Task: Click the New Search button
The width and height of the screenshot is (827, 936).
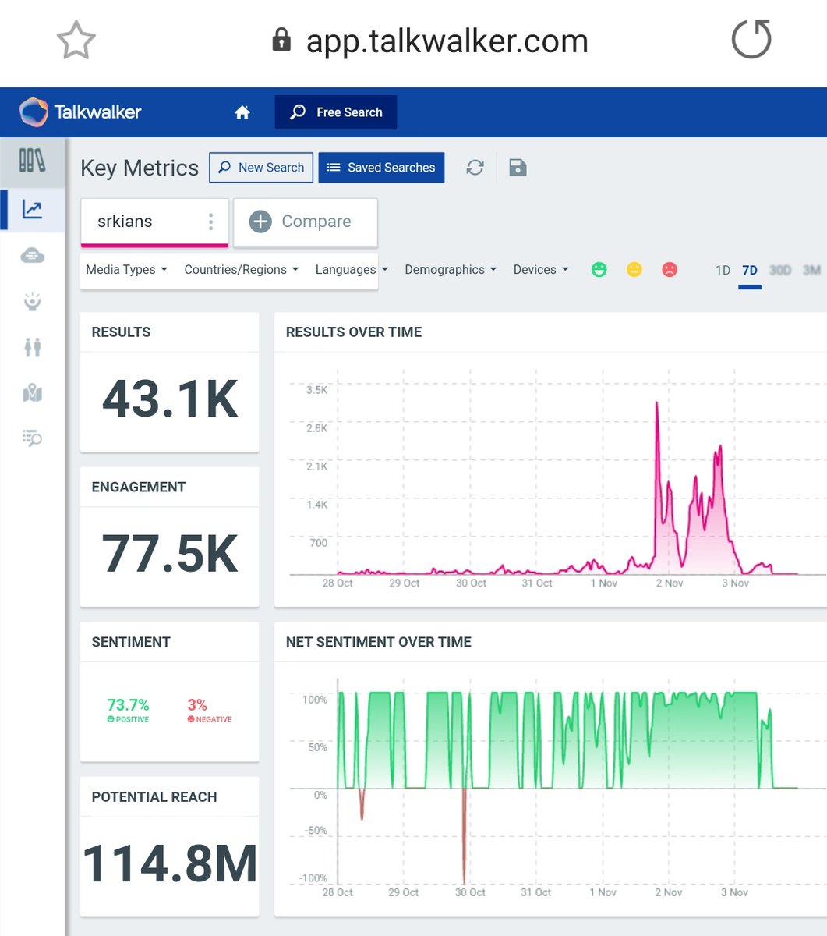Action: (261, 168)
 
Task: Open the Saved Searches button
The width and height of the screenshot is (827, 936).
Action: (381, 168)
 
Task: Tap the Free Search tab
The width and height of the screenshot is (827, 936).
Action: (336, 112)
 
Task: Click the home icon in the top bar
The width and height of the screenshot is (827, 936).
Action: (242, 113)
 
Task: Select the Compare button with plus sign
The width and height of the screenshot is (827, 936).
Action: (305, 222)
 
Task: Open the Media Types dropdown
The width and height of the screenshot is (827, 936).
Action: (126, 270)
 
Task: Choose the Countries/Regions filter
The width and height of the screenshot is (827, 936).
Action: (241, 270)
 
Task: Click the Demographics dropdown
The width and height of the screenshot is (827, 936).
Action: (450, 270)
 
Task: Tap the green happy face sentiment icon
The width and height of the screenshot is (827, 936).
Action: (599, 270)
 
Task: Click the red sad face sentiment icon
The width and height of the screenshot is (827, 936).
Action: (669, 270)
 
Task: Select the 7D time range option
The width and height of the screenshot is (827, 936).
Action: (749, 271)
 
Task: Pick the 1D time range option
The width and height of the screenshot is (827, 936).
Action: (723, 271)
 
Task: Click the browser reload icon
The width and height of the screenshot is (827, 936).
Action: (751, 40)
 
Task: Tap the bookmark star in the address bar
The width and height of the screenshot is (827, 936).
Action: (76, 40)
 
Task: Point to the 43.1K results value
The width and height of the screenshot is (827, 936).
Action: (170, 399)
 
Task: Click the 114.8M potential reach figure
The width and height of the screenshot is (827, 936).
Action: (170, 864)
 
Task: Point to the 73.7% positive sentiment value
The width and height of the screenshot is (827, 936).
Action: (128, 704)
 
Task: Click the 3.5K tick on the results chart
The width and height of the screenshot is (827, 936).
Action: (316, 390)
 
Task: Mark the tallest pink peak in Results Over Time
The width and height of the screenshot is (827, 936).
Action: (657, 403)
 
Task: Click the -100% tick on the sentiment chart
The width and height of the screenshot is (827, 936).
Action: (314, 878)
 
